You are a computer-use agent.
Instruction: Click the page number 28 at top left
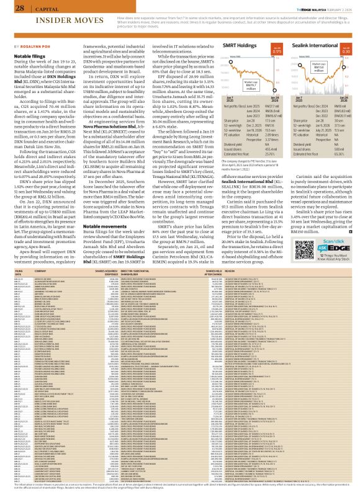pos(20,7)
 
